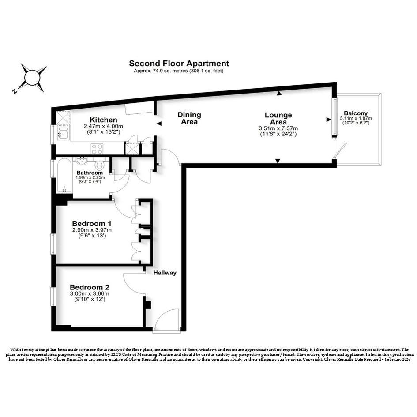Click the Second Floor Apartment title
(x=179, y=63)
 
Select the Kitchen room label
(x=103, y=120)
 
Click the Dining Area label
(x=189, y=118)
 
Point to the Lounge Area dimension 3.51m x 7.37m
(x=278, y=128)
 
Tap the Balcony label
(x=356, y=113)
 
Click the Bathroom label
(x=90, y=173)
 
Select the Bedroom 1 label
(x=92, y=223)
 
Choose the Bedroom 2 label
(x=90, y=287)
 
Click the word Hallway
(x=165, y=273)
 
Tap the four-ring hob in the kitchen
(x=97, y=149)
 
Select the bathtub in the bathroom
(x=64, y=176)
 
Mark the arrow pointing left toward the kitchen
(x=159, y=124)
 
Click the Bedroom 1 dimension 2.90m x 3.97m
(x=92, y=230)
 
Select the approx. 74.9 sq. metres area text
(x=179, y=71)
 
